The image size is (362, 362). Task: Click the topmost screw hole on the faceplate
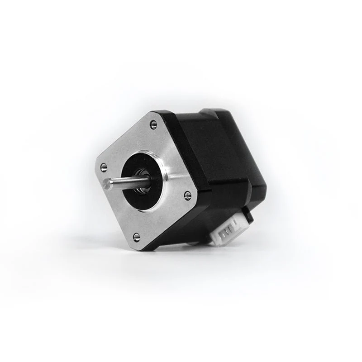point(153,123)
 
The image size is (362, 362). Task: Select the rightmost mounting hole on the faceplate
point(187,195)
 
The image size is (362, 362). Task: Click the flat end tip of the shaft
point(107,183)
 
